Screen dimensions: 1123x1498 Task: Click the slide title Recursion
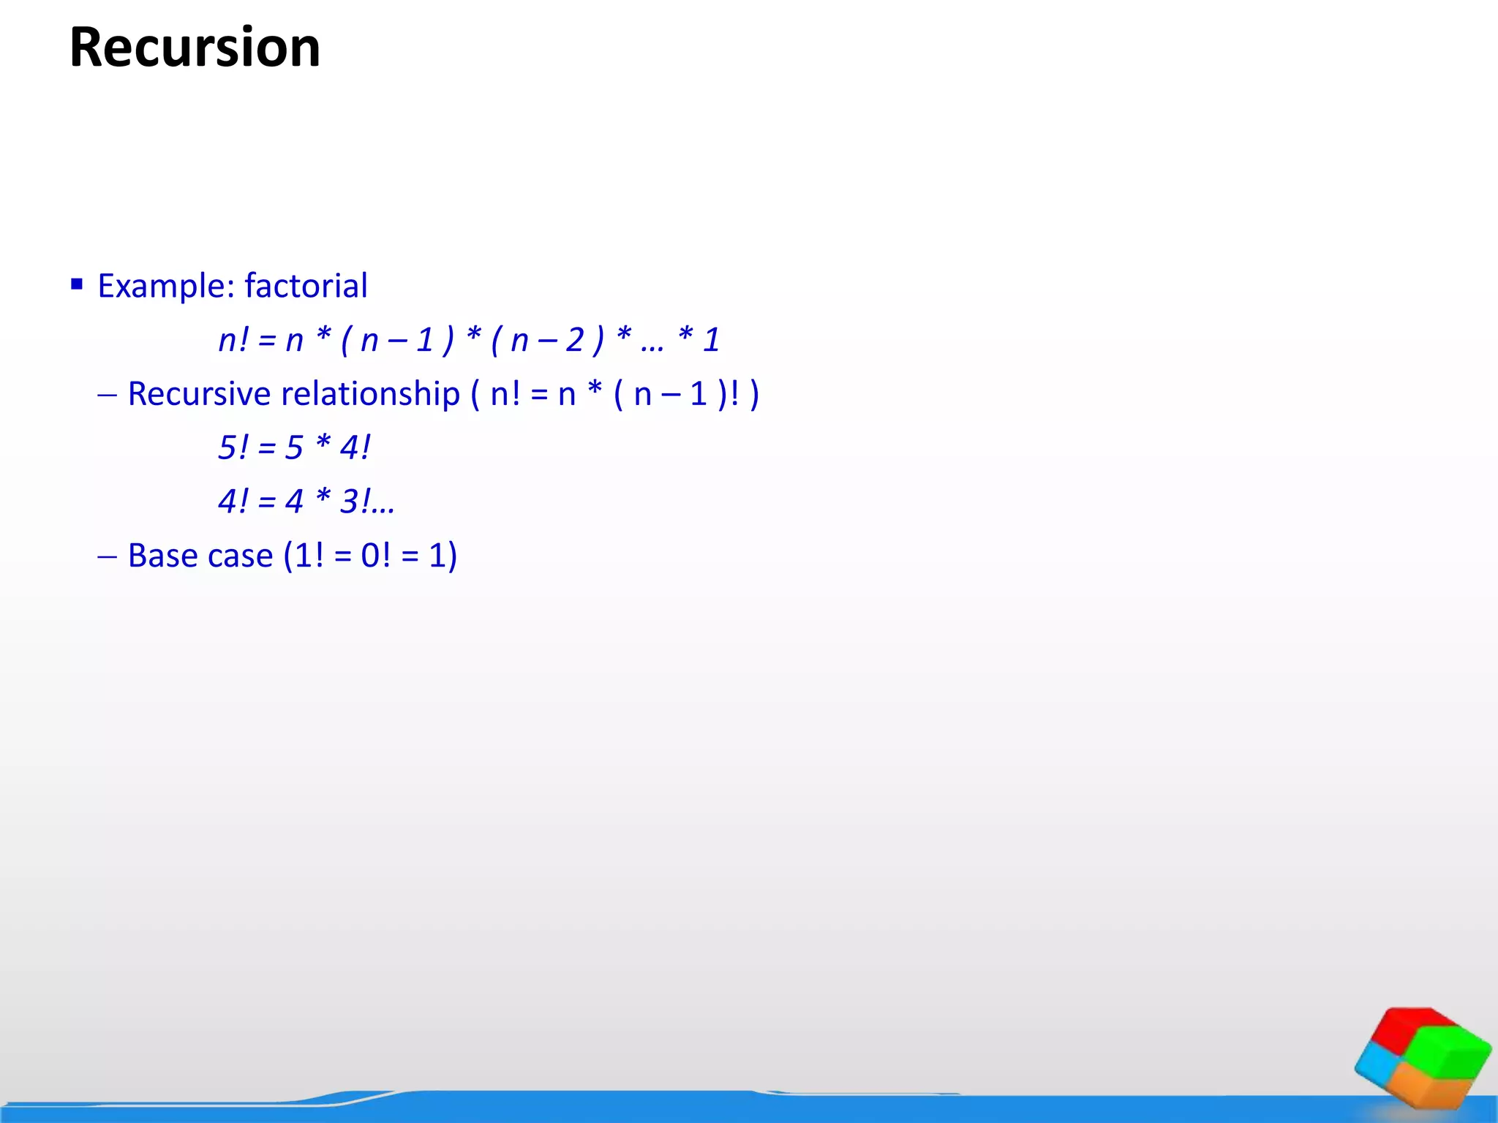point(195,48)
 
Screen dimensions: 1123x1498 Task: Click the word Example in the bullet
point(162,286)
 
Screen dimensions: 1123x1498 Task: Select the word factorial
point(306,286)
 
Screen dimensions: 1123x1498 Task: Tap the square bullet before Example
point(77,284)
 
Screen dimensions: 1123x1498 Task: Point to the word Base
point(160,556)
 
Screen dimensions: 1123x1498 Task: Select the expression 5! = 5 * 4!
point(294,447)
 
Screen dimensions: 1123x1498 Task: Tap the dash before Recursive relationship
point(108,396)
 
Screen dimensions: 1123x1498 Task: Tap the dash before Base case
point(108,557)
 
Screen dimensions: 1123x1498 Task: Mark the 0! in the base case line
point(375,556)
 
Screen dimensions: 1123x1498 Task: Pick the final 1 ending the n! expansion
point(711,340)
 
